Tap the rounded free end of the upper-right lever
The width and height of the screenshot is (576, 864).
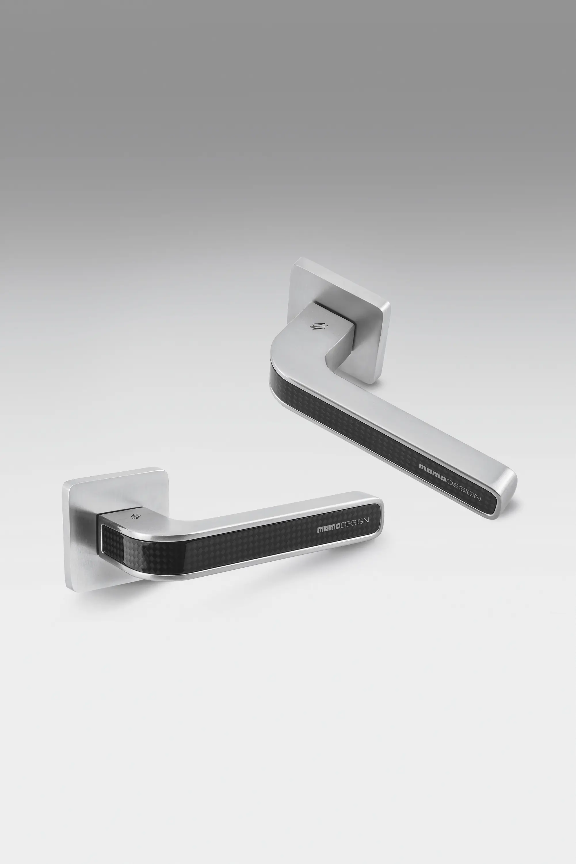point(509,493)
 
